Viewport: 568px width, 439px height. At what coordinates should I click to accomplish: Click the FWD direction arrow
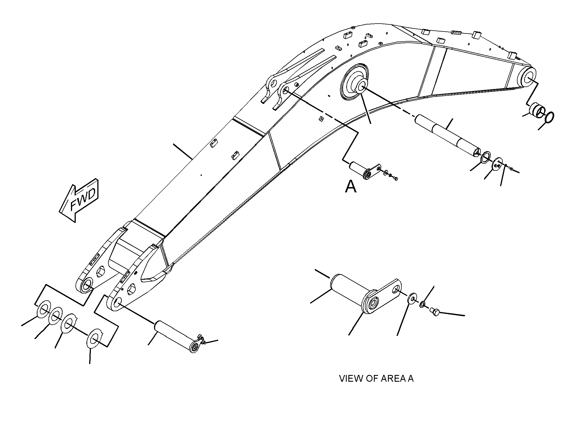pyautogui.click(x=79, y=200)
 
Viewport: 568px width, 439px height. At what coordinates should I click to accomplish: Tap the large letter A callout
pyautogui.click(x=351, y=187)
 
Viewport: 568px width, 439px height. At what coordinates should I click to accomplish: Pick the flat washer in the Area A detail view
pyautogui.click(x=411, y=299)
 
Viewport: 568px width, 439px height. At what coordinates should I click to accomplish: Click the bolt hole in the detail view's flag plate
pyautogui.click(x=396, y=289)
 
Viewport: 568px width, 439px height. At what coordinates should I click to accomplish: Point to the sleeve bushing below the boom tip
pyautogui.click(x=537, y=110)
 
